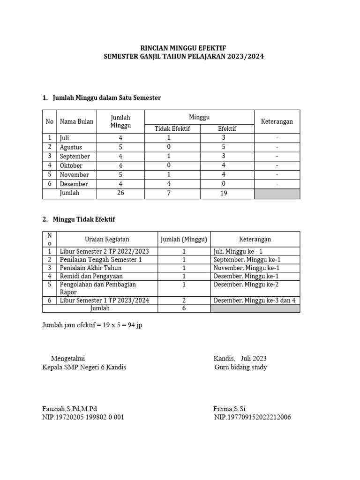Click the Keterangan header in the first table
coord(277,121)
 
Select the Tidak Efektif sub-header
coord(172,129)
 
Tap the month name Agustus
coord(71,147)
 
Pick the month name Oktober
coord(71,165)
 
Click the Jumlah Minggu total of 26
coord(120,193)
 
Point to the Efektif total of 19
coord(224,193)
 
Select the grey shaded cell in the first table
coord(277,193)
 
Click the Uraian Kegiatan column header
coord(107,240)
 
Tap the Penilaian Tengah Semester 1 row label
coord(101,260)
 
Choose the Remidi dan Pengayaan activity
coord(91,276)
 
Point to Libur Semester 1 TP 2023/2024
coord(105,300)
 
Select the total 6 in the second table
coord(184,308)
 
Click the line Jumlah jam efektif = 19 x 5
coord(92,325)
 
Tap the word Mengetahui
coord(68,359)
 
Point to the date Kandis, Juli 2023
coord(240,359)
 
